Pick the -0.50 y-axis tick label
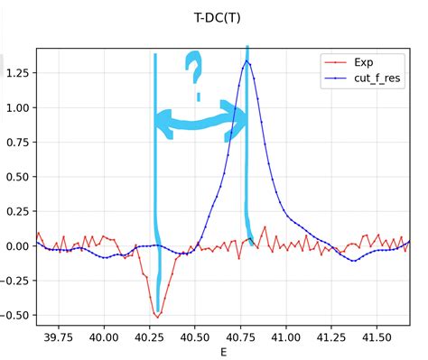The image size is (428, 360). tap(14, 315)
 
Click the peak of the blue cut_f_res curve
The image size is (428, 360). tap(247, 61)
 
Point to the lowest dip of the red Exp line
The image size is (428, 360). tap(158, 317)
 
